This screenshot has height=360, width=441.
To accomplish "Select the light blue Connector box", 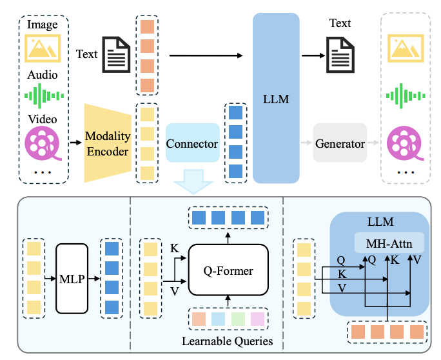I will tap(192, 143).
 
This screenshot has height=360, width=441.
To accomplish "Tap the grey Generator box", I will tap(340, 143).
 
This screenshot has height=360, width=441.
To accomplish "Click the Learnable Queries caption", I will tap(226, 340).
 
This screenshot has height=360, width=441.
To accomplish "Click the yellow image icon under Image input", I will tap(42, 48).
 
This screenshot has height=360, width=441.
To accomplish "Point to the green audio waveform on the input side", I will tap(42, 96).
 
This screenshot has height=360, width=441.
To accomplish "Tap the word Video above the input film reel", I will tap(42, 120).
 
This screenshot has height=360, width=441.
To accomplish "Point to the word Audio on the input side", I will tap(42, 74).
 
